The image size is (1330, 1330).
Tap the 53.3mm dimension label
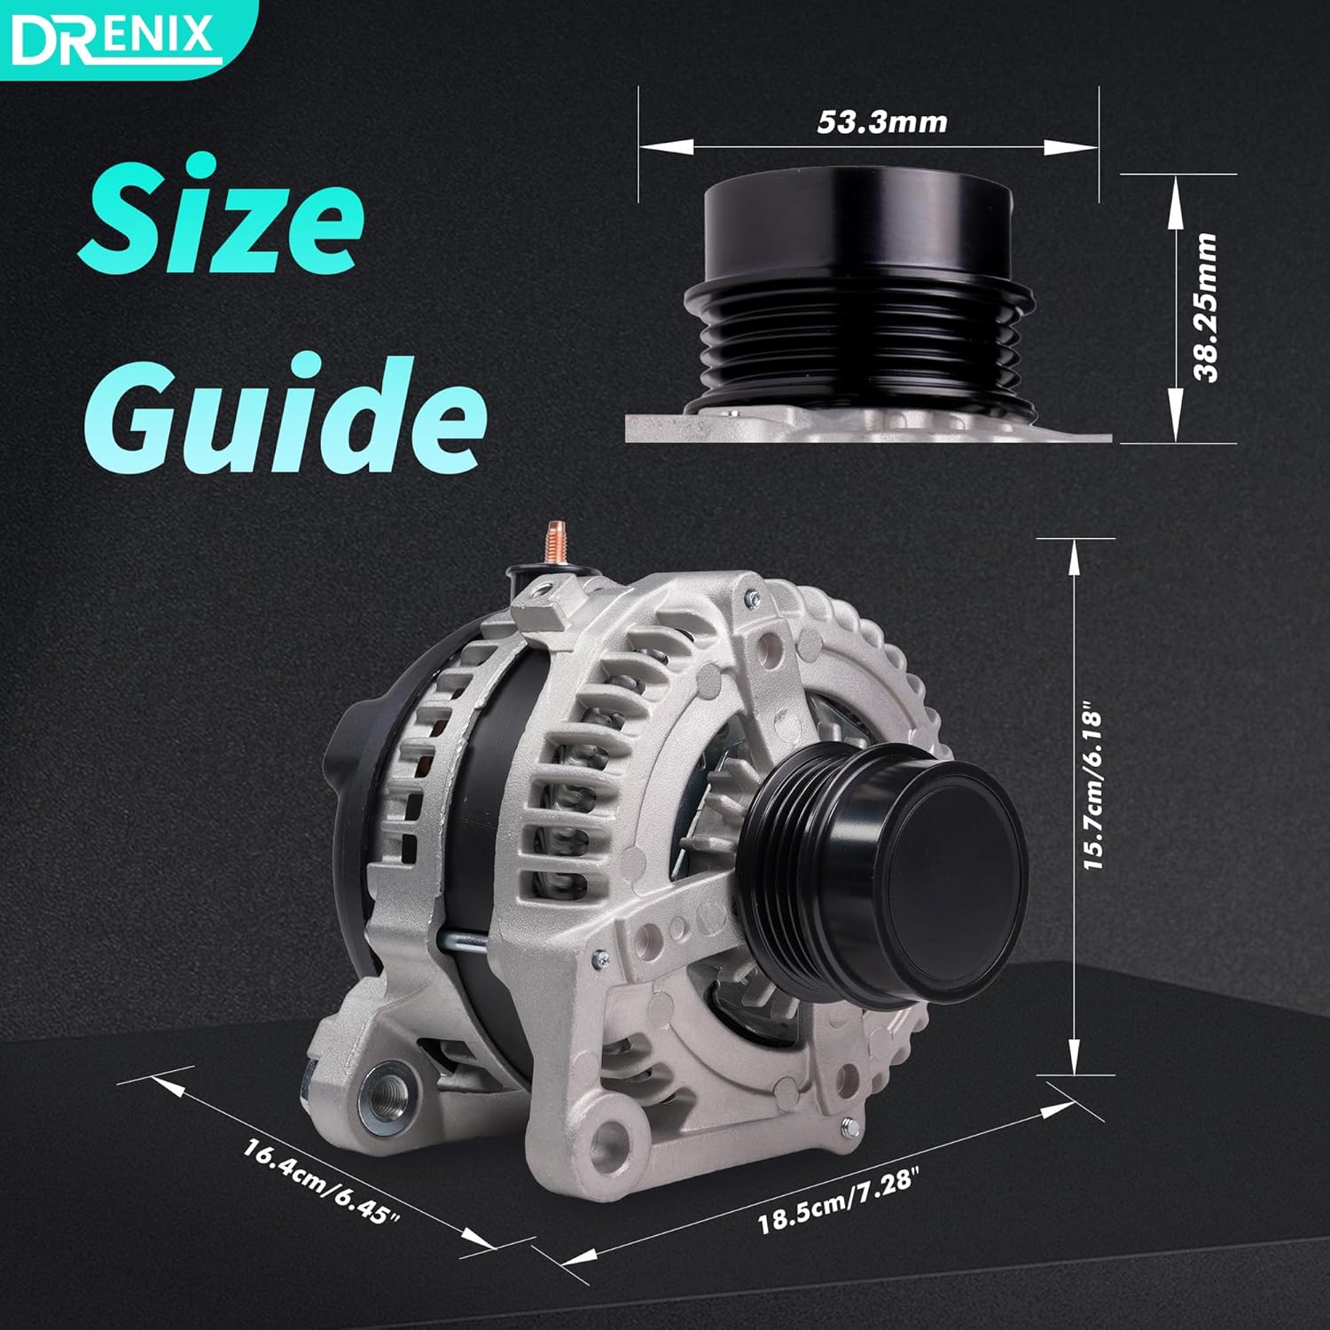pyautogui.click(x=881, y=121)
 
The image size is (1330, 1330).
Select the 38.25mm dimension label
pyautogui.click(x=1206, y=308)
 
